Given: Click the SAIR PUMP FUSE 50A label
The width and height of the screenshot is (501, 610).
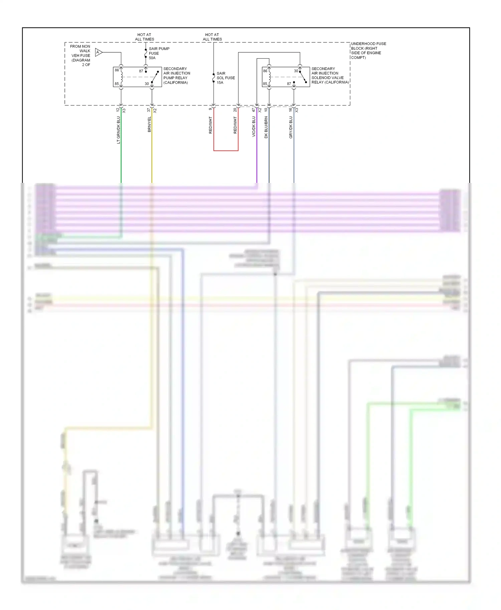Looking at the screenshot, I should pos(159,53).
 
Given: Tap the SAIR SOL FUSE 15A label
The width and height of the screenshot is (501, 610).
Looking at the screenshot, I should pos(225,78).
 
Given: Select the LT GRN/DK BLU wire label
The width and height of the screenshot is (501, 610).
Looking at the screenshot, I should pos(118,130).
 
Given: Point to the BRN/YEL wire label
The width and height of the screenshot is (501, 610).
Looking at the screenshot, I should pos(149,124).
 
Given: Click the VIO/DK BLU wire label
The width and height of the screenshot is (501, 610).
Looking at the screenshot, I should pos(254,126).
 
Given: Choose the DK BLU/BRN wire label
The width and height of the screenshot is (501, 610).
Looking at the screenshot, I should pos(266,127).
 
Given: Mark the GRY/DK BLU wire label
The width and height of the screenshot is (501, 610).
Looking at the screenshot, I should pos(291,127).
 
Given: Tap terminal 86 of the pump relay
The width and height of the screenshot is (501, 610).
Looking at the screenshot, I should pos(117,70).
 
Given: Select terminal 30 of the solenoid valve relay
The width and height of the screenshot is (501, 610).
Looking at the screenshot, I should pos(296,71).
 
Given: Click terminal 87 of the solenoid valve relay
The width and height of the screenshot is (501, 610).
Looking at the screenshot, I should pos(289,84).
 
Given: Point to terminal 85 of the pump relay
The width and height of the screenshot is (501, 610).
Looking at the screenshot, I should pos(117,84).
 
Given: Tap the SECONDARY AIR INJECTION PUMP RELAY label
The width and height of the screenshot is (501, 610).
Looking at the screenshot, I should pos(176,75).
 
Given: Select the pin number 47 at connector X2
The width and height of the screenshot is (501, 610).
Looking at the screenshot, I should pos(254,109).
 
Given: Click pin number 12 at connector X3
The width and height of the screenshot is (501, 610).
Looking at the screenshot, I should pos(118,109).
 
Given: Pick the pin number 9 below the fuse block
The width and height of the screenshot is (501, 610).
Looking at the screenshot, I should pos(210,109).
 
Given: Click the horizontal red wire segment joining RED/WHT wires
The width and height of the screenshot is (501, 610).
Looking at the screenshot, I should pos(226,150).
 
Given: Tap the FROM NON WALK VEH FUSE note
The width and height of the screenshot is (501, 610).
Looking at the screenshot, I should pos(80,55).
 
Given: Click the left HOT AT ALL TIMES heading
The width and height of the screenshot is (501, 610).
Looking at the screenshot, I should pos(144,37).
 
